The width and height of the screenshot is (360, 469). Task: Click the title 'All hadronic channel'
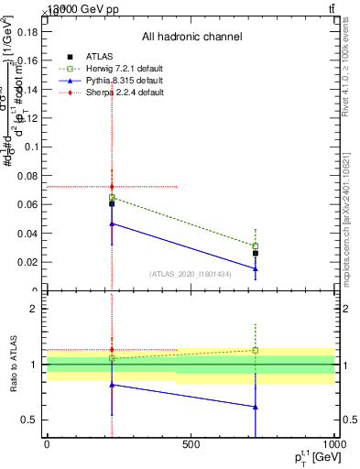tap(191, 38)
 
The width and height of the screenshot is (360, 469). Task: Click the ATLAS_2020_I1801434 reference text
tap(191, 274)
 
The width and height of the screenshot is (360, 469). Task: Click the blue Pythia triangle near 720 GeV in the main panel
tap(256, 269)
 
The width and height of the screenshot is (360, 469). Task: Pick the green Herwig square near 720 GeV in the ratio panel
tap(256, 350)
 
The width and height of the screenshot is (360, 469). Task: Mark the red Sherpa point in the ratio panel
tap(112, 349)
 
